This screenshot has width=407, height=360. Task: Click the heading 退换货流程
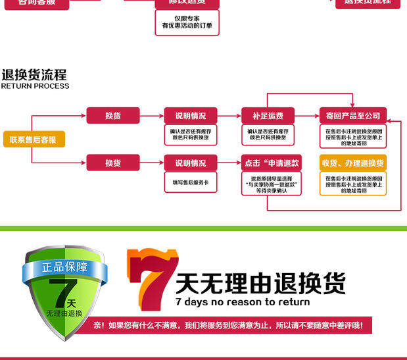pos(34,74)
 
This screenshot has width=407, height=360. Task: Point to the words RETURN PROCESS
pos(35,86)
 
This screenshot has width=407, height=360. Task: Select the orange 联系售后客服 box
pos(34,140)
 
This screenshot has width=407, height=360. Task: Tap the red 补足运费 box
pos(268,116)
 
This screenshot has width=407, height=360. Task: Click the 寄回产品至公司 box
pos(353,116)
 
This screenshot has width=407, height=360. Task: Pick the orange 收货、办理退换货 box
pos(353,163)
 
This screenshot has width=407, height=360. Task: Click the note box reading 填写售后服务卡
pos(190,181)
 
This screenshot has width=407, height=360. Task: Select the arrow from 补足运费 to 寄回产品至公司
pos(307,116)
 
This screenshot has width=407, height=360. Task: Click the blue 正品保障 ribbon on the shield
pos(63,267)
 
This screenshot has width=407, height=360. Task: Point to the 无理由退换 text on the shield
pos(64,313)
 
